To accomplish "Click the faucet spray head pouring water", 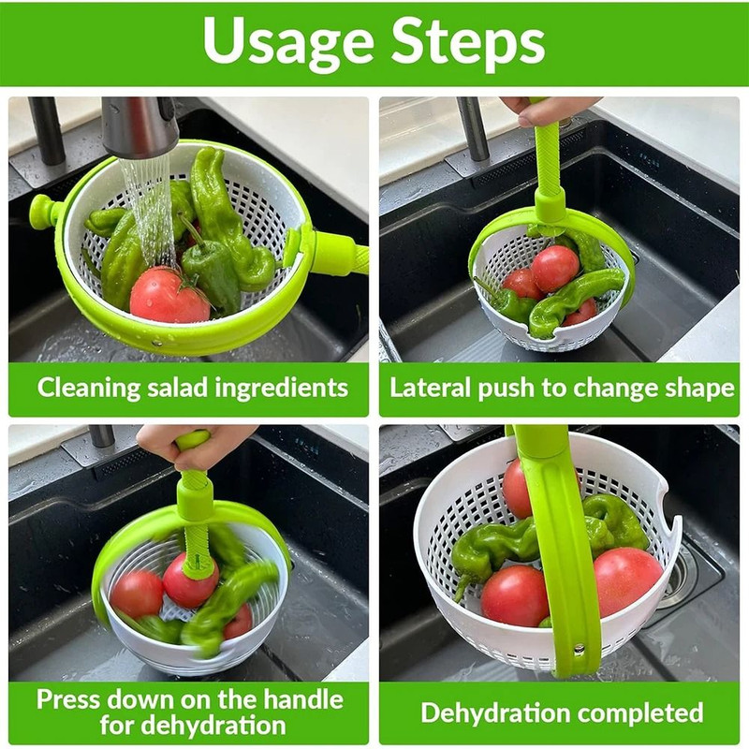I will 139,126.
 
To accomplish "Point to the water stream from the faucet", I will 150,206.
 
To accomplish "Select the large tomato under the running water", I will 168,295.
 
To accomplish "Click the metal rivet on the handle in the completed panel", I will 579,648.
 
